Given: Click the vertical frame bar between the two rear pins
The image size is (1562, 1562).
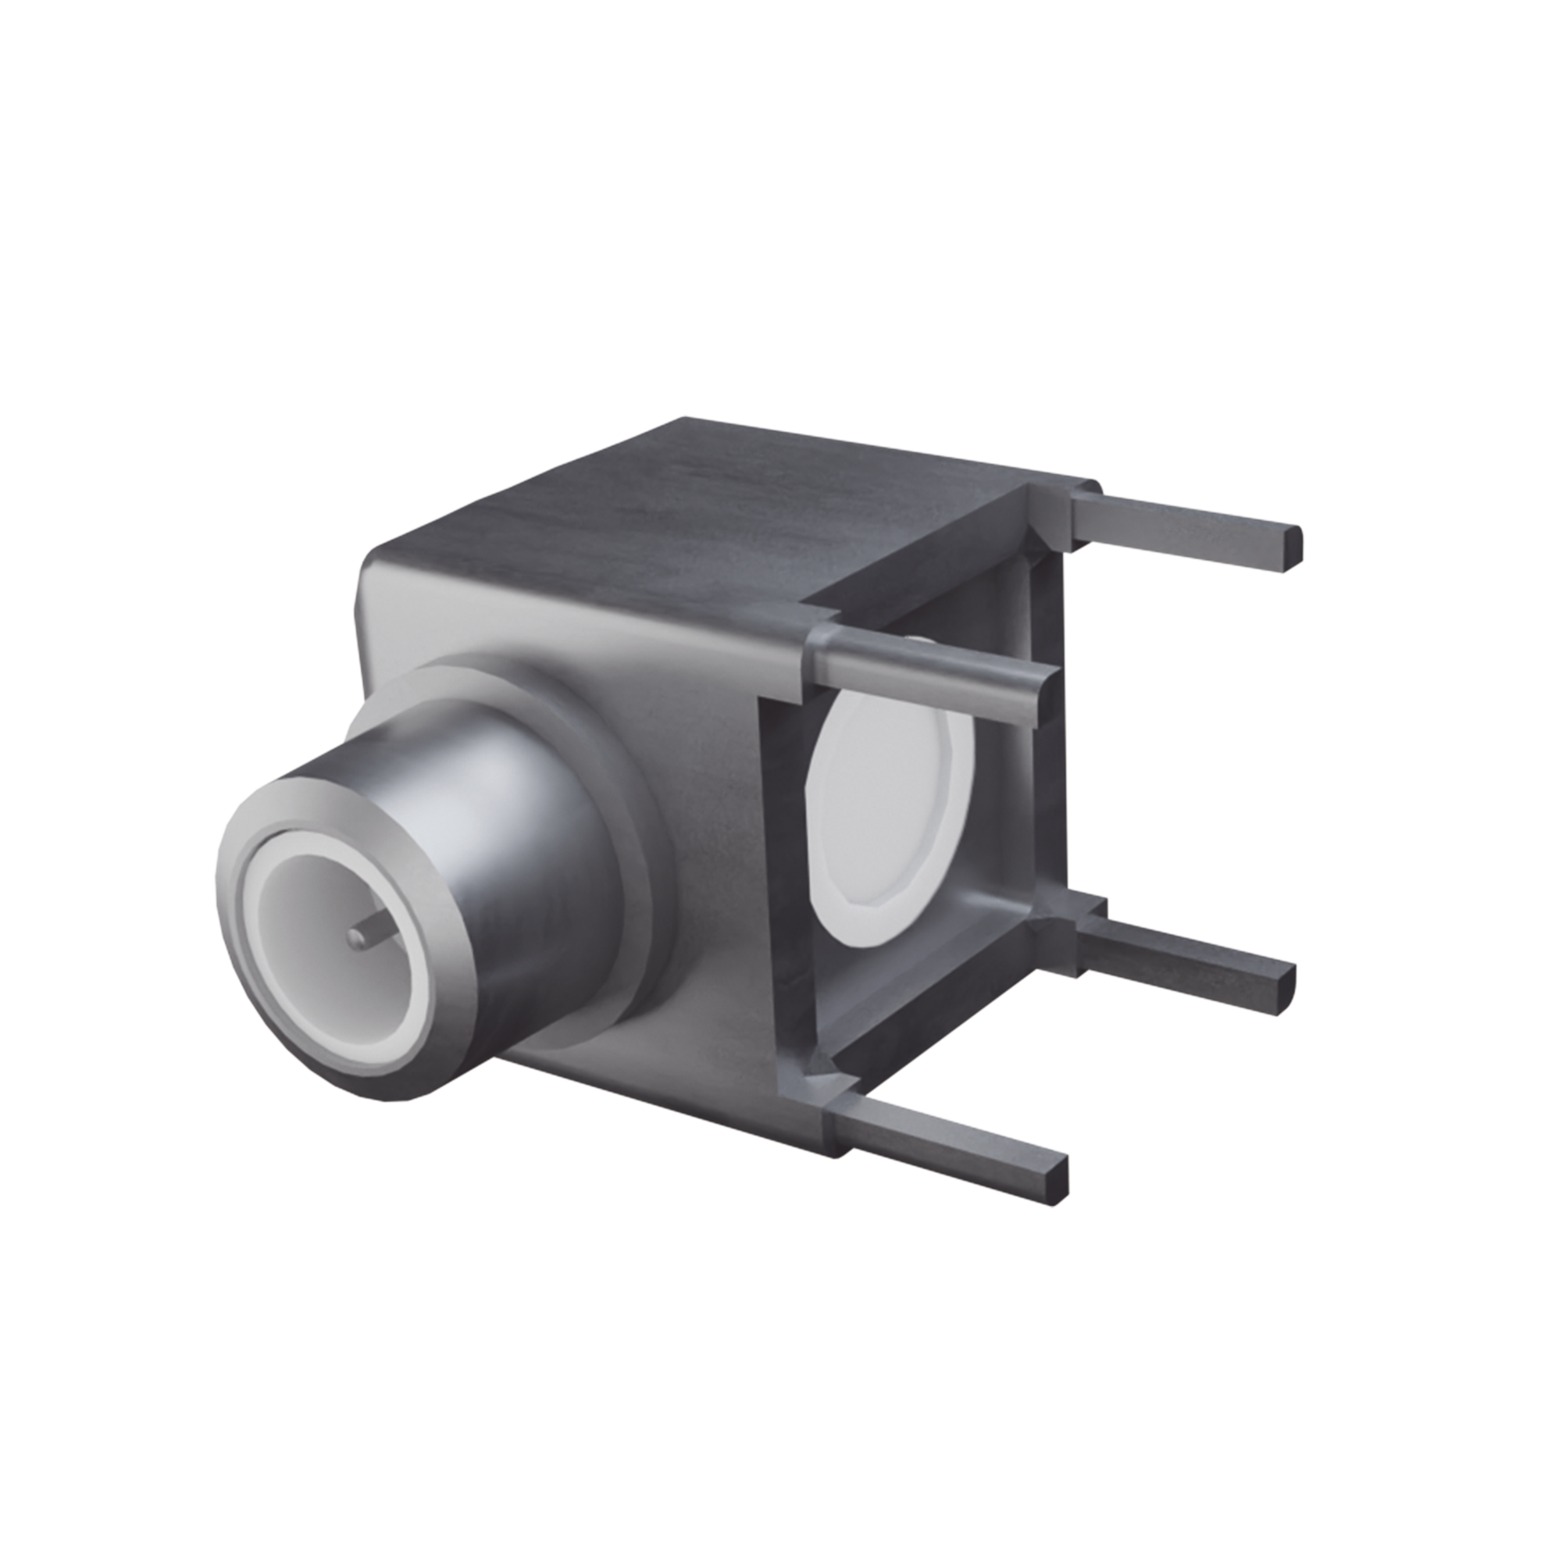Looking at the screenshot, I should point(1051,728).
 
